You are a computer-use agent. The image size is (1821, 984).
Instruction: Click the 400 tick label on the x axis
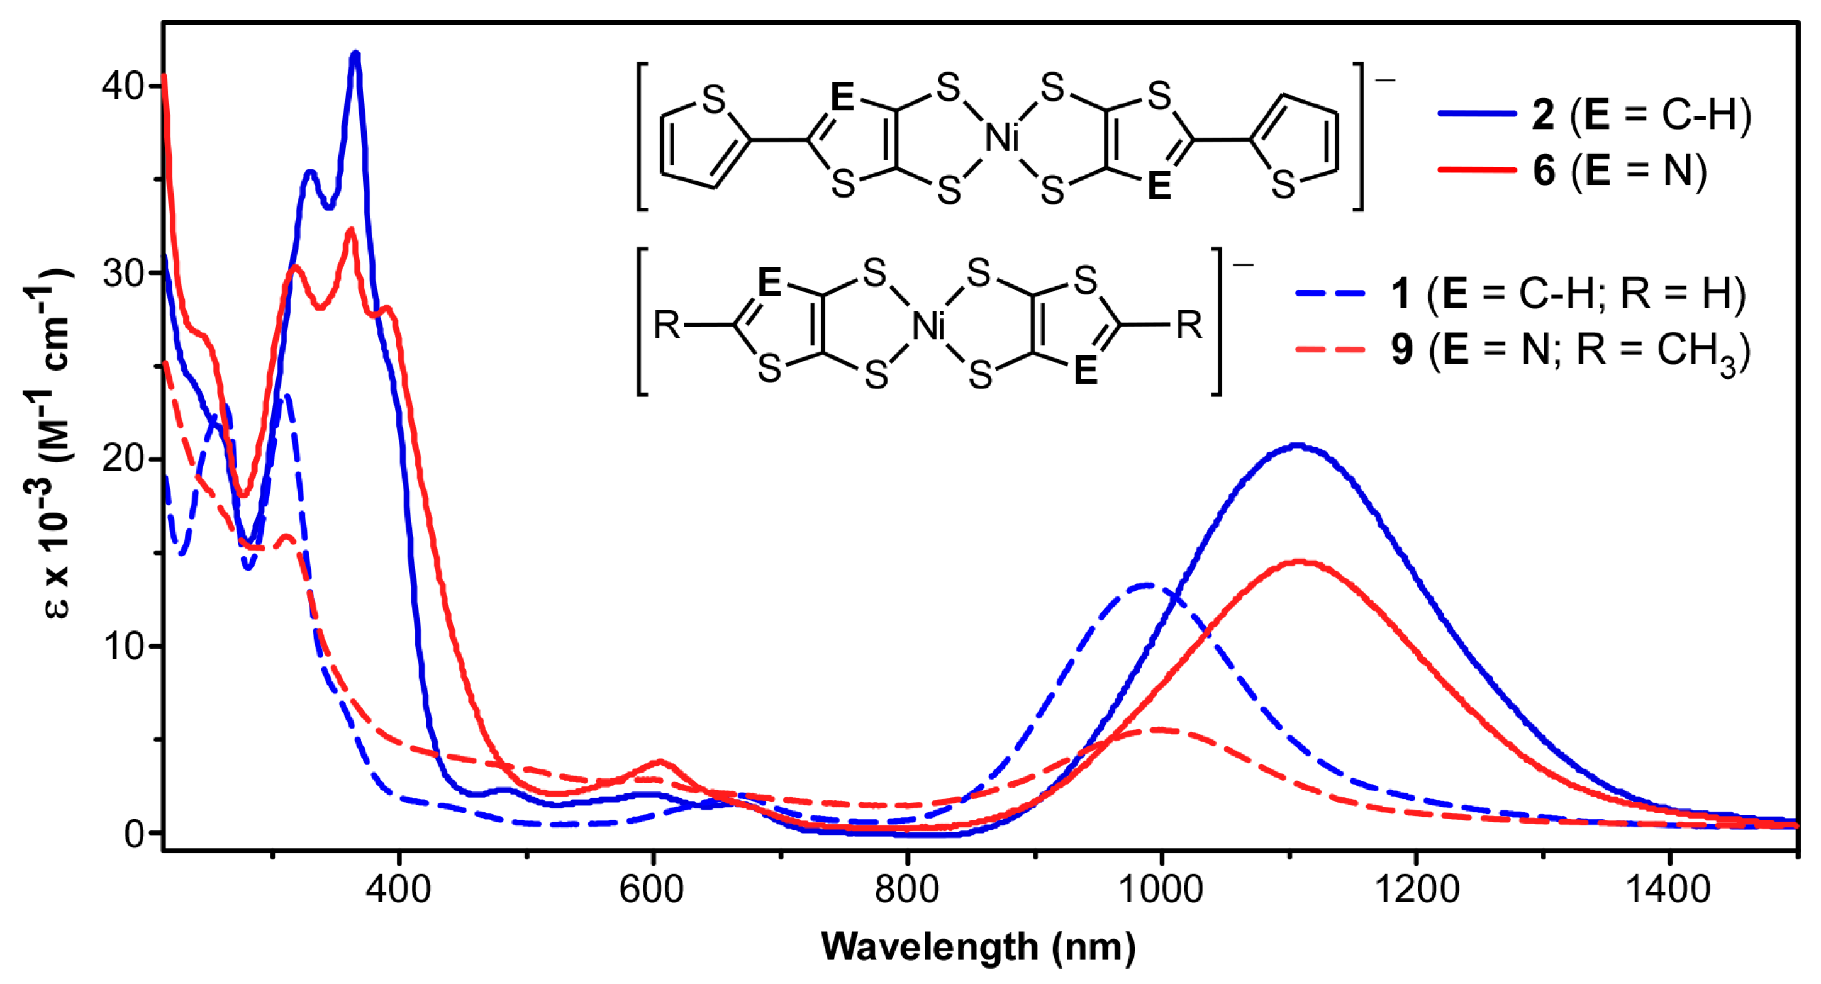click(398, 888)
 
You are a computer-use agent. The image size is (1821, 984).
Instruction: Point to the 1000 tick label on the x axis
click(1160, 888)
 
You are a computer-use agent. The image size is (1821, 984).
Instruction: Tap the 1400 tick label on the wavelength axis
click(1668, 888)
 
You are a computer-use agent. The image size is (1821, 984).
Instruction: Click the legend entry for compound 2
click(1594, 115)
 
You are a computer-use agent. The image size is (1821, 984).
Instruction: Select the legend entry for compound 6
click(1573, 171)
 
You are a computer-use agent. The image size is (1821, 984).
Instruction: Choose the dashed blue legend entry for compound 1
click(1520, 293)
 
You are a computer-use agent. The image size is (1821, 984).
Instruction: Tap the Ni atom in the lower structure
click(928, 326)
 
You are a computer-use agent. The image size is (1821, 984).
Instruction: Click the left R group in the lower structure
click(666, 325)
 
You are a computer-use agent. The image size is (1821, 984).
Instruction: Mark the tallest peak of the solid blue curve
click(355, 55)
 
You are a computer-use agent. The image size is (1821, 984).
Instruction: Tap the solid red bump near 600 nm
click(660, 762)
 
